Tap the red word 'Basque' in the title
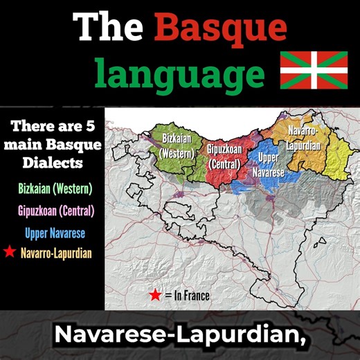(220, 29)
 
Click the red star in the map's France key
(155, 296)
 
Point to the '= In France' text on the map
(187, 296)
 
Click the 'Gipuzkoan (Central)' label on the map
(223, 156)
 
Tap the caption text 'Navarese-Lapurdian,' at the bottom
(180, 334)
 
